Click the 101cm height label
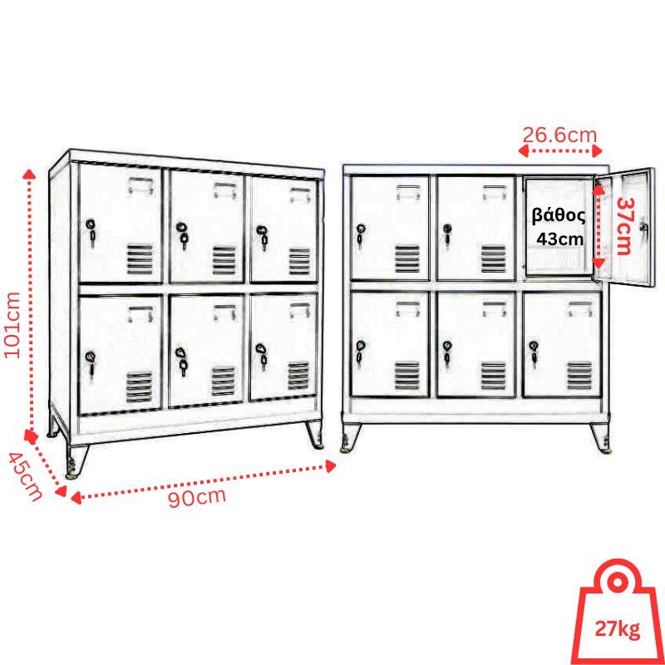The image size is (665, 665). pos(12,325)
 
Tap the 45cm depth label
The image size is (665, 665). pos(26,476)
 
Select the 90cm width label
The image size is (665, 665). pos(197,497)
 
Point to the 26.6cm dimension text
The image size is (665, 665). pos(559,135)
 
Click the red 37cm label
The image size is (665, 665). pos(624,225)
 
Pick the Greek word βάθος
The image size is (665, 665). pos(559,216)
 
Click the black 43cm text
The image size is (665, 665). pos(559,239)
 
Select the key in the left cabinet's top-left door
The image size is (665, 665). pos(91,232)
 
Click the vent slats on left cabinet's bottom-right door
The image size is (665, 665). pos(298,376)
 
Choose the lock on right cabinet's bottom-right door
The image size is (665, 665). pos(534,352)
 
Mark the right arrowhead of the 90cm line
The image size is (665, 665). pos(330,466)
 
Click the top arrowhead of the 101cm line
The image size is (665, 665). pos(29,174)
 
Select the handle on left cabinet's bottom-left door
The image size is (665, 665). pos(140,314)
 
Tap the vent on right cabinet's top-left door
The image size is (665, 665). pos(407,259)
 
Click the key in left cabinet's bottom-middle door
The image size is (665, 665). pos(181,362)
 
